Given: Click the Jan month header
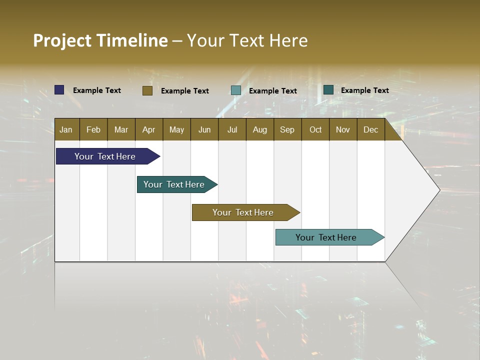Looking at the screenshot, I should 66,129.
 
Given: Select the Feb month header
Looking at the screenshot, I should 93,129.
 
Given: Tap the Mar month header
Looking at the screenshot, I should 121,129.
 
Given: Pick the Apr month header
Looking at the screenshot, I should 149,129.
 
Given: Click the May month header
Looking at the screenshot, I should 176,129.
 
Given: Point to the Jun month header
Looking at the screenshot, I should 204,129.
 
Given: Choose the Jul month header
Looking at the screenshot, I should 232,129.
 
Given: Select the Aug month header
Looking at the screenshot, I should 260,129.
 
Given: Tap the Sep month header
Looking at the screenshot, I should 287,129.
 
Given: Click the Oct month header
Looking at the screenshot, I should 315,129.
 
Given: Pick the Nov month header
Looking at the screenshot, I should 343,129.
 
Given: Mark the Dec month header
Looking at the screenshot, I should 371,129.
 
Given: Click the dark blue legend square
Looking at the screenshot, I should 59,90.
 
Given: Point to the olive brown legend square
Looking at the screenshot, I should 147,90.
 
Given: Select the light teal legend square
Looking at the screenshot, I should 236,90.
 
